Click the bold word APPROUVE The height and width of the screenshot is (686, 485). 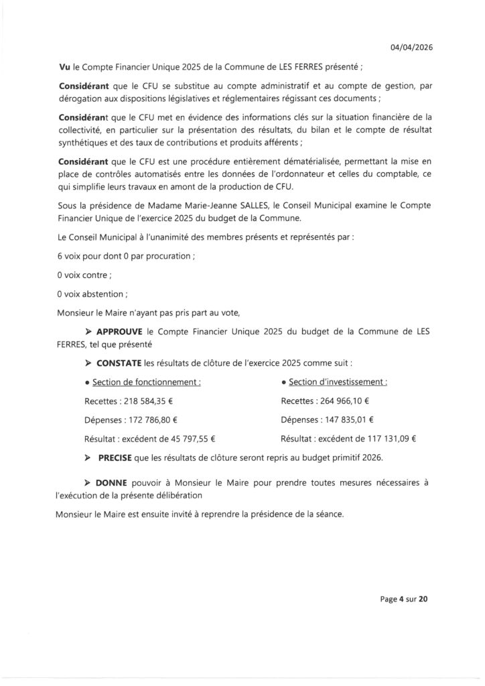pos(125,331)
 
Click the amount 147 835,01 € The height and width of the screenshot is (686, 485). pos(344,420)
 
